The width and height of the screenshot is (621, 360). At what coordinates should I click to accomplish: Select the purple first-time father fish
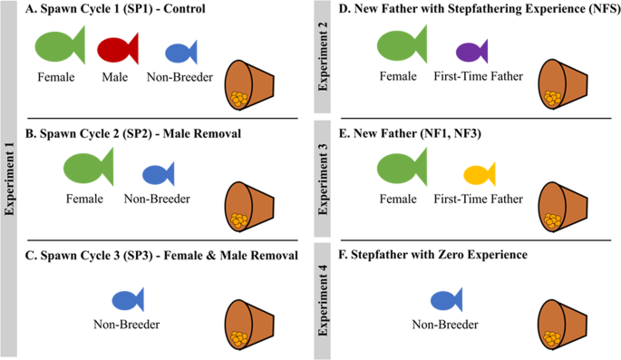[x=472, y=51]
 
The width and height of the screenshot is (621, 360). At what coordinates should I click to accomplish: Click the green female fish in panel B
[x=87, y=169]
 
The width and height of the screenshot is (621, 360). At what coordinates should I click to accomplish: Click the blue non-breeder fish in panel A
[x=182, y=52]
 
